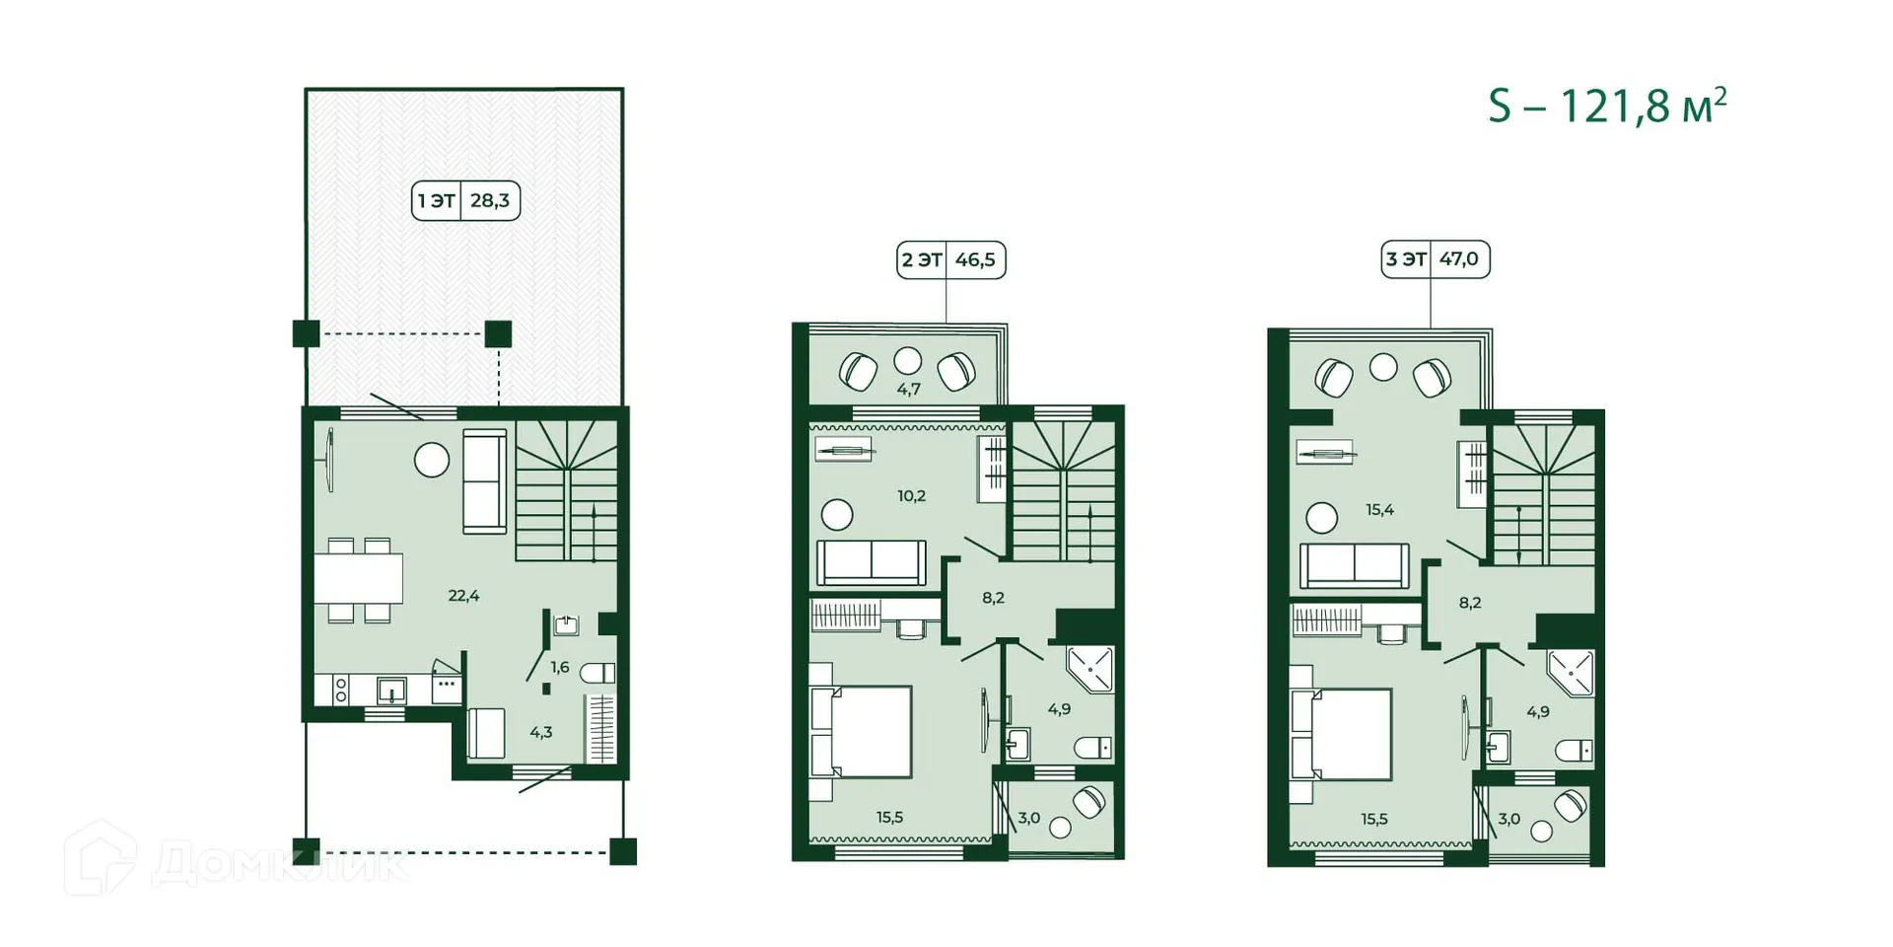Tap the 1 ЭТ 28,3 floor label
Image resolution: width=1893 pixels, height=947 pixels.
click(x=465, y=201)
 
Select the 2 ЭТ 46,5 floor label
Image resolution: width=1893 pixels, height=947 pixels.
click(x=950, y=260)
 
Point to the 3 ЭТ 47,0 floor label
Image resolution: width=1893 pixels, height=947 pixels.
click(x=1435, y=259)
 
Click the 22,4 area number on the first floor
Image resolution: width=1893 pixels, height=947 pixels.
click(x=463, y=596)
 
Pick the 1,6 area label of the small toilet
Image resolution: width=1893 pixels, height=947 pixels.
click(x=560, y=668)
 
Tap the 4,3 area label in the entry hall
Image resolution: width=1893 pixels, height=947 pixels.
click(x=541, y=733)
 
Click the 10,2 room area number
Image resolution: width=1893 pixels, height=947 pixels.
click(x=911, y=496)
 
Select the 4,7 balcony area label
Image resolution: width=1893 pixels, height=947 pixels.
click(x=908, y=390)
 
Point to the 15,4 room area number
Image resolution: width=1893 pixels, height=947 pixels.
click(x=1379, y=510)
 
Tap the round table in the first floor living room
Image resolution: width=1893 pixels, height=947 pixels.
click(x=432, y=460)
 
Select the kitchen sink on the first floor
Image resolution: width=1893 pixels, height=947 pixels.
click(x=392, y=688)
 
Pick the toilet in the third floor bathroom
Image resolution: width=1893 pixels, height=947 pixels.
click(x=1575, y=751)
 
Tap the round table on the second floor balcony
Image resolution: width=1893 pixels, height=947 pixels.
click(x=907, y=360)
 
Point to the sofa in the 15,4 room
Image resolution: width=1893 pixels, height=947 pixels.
click(x=1354, y=566)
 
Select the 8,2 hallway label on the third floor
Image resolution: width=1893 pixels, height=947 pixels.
click(x=1470, y=603)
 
